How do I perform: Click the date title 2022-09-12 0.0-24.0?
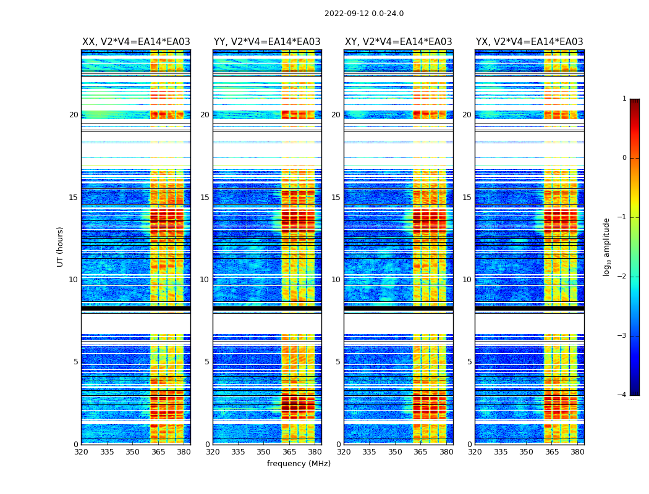(x=364, y=14)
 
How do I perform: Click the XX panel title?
(x=136, y=42)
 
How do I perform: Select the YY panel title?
(x=267, y=42)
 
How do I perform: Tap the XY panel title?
(x=399, y=42)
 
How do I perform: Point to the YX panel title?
(x=530, y=42)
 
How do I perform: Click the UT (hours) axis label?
(x=60, y=246)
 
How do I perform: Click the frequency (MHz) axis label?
(x=299, y=464)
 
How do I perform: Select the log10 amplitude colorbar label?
(x=607, y=246)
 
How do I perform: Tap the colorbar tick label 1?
(x=624, y=99)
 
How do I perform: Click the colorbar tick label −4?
(x=623, y=395)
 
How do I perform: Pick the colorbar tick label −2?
(x=623, y=277)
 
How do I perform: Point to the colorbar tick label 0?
(x=624, y=158)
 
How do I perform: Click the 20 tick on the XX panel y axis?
(x=74, y=115)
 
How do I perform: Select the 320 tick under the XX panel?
(x=82, y=451)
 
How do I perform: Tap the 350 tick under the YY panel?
(x=264, y=451)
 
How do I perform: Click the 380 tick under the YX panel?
(x=577, y=451)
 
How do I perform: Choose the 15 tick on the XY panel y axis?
(x=336, y=198)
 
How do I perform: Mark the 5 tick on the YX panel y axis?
(x=469, y=362)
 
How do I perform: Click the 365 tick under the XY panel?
(x=420, y=451)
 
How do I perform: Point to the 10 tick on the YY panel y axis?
(x=205, y=280)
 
